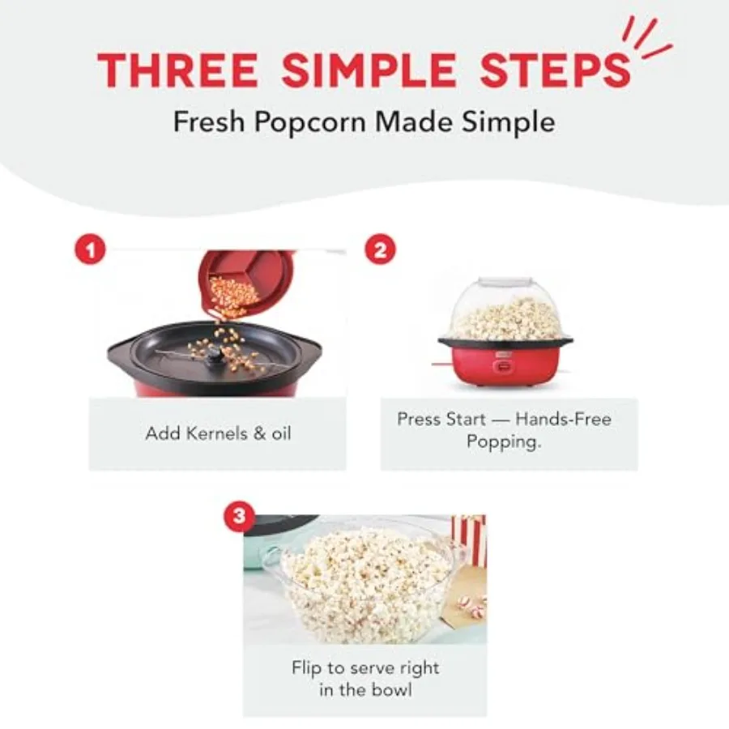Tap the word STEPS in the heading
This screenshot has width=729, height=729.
(x=555, y=70)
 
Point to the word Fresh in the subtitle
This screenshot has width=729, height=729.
(x=207, y=122)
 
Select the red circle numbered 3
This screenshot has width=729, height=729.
(x=237, y=516)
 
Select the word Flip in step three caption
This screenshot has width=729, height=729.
(x=308, y=669)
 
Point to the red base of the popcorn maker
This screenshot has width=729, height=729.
(x=506, y=366)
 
